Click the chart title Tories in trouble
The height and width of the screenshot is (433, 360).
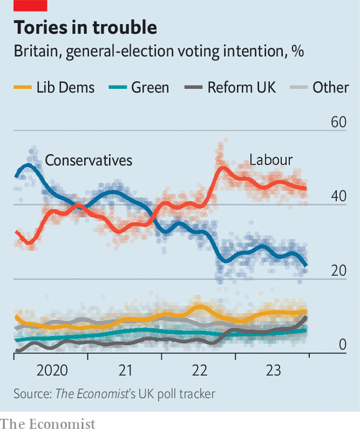[x=85, y=27]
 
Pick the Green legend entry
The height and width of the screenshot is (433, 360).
[x=150, y=88]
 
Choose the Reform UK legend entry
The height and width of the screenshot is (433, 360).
[x=242, y=88]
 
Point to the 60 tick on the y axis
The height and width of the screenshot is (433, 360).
[x=338, y=123]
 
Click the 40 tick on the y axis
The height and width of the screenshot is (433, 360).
[x=338, y=197]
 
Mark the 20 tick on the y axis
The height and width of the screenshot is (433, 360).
[x=338, y=271]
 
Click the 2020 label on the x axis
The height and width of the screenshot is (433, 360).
[x=52, y=371]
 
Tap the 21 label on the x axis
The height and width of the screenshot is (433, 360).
[x=125, y=371]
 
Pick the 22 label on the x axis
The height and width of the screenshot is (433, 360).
[x=199, y=371]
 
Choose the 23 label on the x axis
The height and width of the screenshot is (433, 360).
[x=272, y=371]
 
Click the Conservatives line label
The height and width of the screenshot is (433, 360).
[x=89, y=160]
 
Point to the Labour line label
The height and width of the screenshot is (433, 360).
[x=271, y=160]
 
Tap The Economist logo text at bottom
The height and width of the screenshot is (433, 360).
[x=47, y=424]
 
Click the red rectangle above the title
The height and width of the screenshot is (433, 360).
[x=31, y=5]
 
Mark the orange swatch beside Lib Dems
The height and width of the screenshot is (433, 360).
[x=22, y=88]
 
